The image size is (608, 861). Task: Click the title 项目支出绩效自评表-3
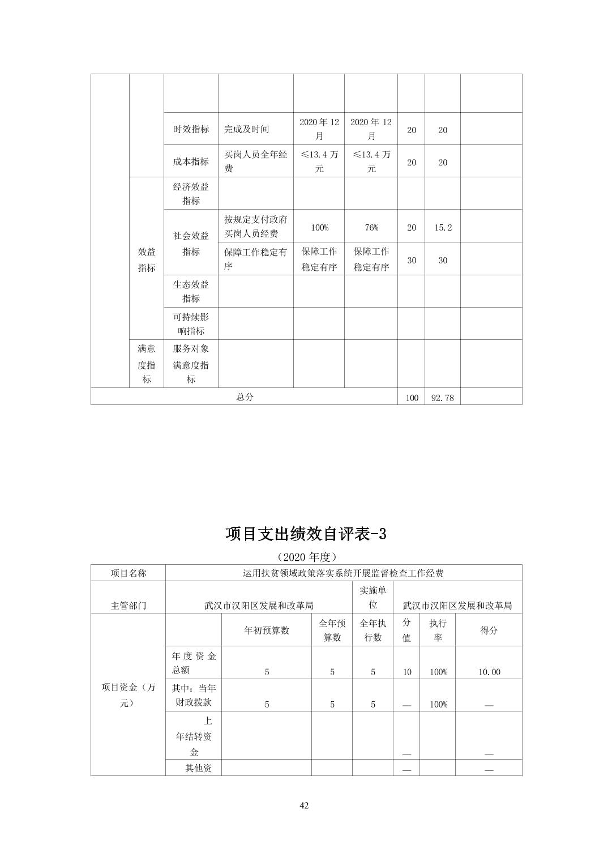coord(306,534)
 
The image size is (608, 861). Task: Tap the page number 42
coord(304,805)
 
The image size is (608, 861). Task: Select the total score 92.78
coord(442,398)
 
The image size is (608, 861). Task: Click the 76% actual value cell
coord(371,227)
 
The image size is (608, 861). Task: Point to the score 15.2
coord(442,227)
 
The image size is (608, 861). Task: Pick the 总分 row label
coord(245,397)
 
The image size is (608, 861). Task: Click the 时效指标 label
coord(191,129)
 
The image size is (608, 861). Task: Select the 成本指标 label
coord(191,161)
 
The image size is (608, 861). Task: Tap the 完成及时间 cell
coord(247,129)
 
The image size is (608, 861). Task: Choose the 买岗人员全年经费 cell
coord(255,161)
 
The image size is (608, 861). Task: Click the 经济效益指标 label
coord(191,194)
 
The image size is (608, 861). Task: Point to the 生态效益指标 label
coord(191,291)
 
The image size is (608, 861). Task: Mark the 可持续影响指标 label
coord(191,323)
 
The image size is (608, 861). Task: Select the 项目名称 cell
coord(128,573)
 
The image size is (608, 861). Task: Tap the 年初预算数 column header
coord(266,630)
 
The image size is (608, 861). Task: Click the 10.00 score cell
coord(489,672)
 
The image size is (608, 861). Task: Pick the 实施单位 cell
coord(372,598)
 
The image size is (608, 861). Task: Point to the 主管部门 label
coord(128,605)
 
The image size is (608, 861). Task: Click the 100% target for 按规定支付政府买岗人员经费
coord(319,227)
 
